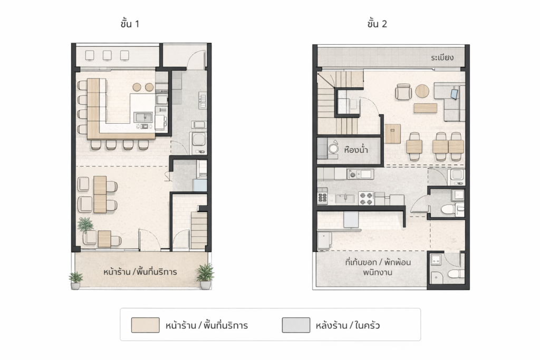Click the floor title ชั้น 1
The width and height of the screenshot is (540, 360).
[x=130, y=23]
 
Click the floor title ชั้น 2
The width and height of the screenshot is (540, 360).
[x=377, y=23]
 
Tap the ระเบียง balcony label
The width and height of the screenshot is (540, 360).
[x=442, y=57]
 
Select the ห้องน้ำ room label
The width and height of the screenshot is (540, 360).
[x=356, y=150]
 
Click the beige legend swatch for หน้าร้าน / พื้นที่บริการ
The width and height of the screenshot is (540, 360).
[x=146, y=325]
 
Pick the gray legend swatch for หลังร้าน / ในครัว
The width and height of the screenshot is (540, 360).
[x=296, y=325]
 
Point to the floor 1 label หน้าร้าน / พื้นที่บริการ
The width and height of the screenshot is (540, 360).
[x=140, y=272]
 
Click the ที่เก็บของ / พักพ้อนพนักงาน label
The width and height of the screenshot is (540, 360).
[x=378, y=267]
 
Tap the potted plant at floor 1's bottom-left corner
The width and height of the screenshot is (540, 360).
[x=76, y=280]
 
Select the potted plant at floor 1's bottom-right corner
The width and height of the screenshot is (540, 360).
[x=205, y=276]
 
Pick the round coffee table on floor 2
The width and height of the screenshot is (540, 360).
[x=422, y=91]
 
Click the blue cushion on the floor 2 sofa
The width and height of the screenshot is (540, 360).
[x=455, y=94]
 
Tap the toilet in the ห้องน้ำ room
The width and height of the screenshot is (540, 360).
[x=333, y=148]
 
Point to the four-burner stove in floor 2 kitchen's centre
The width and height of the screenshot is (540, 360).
[x=366, y=198]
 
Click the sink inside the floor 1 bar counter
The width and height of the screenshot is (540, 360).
[x=143, y=118]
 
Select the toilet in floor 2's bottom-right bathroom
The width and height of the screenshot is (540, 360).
[x=455, y=274]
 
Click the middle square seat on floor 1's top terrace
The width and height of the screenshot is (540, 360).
[x=107, y=55]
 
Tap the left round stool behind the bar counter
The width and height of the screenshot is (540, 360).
[x=137, y=87]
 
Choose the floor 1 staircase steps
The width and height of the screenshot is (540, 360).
[x=199, y=230]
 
